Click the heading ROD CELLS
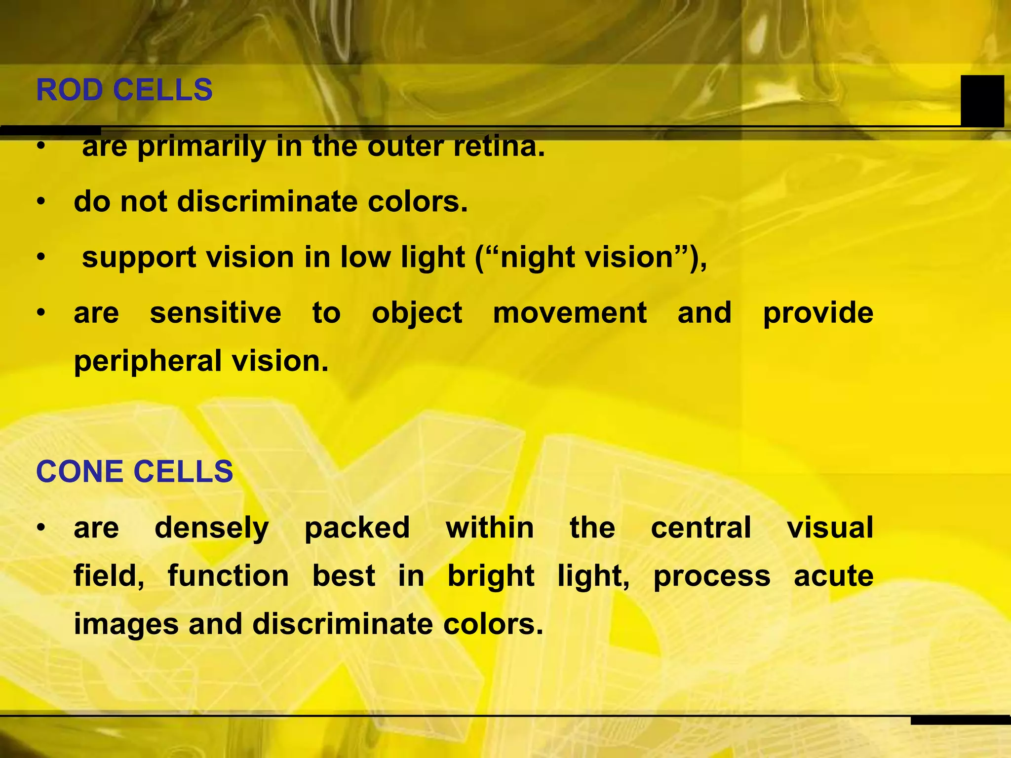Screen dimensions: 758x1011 [124, 90]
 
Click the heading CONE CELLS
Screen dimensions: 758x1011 [134, 471]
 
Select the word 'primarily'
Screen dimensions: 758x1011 [201, 148]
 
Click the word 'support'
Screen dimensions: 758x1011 [139, 258]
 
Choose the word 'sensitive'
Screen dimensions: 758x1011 [216, 313]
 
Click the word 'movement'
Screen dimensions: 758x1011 [570, 313]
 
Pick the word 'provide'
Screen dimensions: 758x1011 [818, 313]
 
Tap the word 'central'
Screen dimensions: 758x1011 [701, 528]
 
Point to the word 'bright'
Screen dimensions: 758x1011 [491, 576]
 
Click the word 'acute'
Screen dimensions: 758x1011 [834, 576]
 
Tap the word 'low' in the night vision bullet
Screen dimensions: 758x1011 [366, 258]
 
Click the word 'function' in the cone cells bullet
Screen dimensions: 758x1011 [228, 576]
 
